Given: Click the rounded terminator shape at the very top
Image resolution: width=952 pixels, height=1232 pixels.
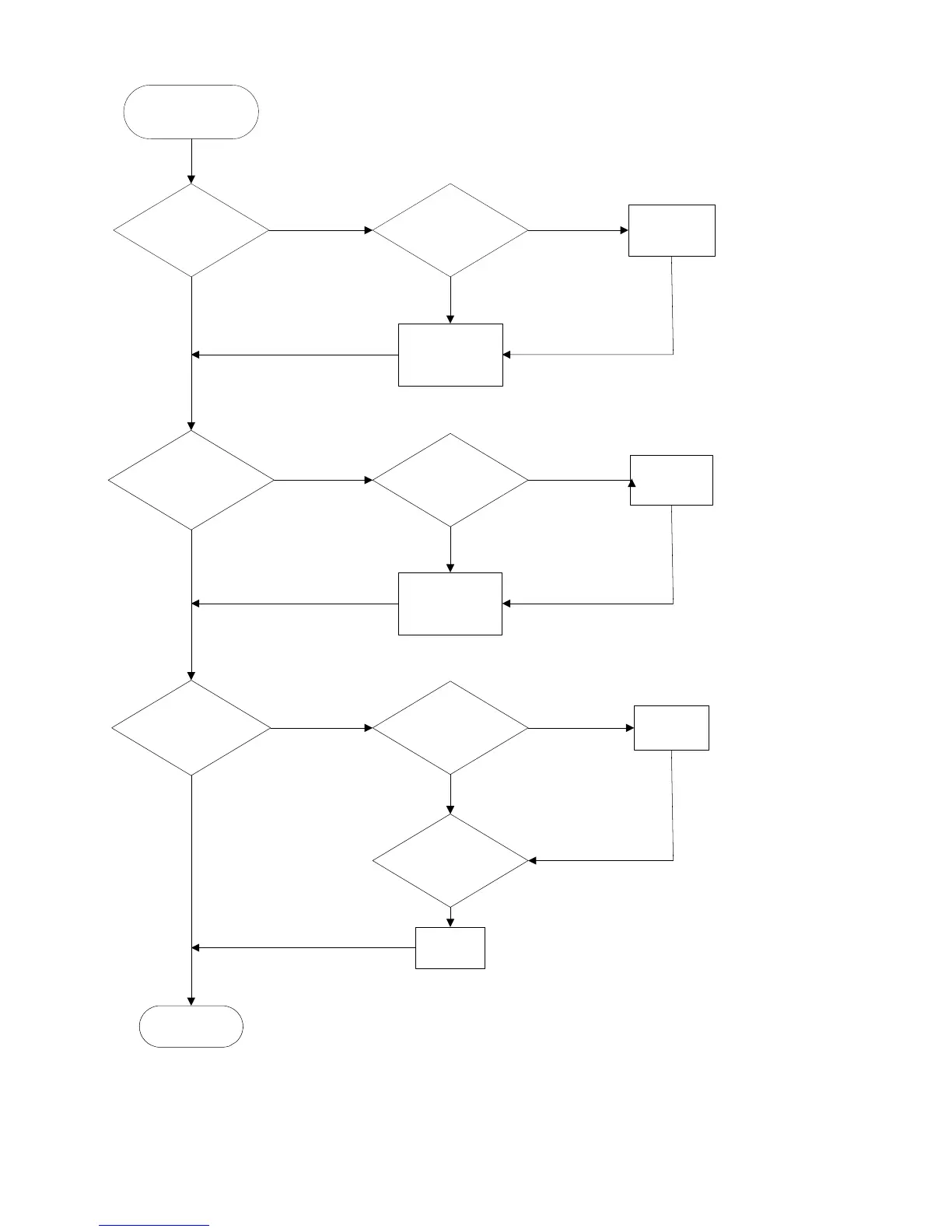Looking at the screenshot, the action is (191, 112).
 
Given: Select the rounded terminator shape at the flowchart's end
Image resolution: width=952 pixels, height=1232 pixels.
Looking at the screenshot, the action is (191, 1026).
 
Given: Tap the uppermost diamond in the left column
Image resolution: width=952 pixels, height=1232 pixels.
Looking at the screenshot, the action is (191, 230).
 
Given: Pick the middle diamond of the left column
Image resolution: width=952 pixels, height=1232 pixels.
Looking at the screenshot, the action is (191, 481).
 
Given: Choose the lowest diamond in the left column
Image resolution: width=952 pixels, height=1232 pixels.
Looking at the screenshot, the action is (191, 729).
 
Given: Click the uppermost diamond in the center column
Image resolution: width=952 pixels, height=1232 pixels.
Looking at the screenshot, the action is (450, 230).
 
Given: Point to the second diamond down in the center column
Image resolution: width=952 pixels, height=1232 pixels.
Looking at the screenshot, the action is (450, 481).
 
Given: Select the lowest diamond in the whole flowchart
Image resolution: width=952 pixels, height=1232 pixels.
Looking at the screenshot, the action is (450, 860).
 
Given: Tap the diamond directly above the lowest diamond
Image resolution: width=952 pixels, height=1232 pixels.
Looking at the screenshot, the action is (450, 728).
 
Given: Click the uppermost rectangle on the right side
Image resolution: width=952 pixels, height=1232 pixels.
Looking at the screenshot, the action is (671, 230).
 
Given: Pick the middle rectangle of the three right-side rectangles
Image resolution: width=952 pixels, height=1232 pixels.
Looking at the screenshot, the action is (671, 480).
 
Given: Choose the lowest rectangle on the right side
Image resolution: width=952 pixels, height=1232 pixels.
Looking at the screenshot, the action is (671, 728).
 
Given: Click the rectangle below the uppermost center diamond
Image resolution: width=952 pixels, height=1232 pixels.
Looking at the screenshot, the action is (450, 355).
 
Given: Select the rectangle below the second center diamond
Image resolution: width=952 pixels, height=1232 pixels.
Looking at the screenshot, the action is (450, 604).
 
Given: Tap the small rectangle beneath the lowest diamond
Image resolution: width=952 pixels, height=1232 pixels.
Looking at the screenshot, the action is (450, 947).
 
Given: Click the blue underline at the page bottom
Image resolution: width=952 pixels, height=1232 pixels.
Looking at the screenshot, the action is (154, 1225).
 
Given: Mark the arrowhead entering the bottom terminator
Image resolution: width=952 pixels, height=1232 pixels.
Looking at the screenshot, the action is (191, 1000).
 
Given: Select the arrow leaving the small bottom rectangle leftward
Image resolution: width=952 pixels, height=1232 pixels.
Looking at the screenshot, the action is (303, 947).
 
